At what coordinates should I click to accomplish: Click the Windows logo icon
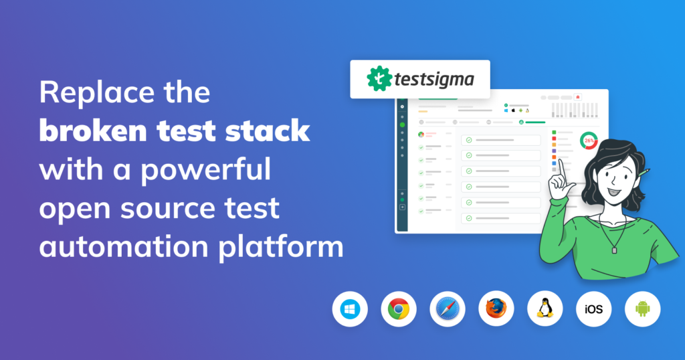pos(350,309)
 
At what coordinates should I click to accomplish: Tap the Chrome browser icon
pos(399,309)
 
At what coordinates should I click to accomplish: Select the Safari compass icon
pos(448,309)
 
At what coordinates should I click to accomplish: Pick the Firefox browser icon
pos(496,309)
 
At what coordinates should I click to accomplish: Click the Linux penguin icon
pos(545,309)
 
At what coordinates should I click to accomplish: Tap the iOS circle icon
pos(594,309)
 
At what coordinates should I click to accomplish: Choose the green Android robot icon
pos(643,309)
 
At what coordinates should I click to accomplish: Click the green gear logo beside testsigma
pos(379,79)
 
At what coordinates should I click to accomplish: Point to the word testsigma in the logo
pos(434,80)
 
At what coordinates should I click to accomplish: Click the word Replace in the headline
pos(97,92)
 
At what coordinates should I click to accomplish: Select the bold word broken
pos(93,130)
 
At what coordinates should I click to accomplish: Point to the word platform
pos(281,248)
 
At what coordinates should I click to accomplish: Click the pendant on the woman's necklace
pos(614,250)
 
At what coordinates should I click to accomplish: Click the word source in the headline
pos(168,208)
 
